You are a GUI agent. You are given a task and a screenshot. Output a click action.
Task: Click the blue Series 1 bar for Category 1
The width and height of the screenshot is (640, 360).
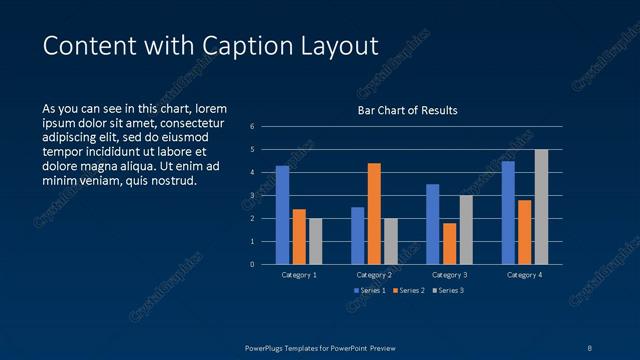282,215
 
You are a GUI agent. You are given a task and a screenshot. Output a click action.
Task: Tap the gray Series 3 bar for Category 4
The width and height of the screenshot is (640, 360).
541,207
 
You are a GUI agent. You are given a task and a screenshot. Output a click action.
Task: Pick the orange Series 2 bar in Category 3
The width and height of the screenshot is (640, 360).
449,243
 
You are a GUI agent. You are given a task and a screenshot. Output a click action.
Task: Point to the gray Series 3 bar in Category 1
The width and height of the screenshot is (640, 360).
315,241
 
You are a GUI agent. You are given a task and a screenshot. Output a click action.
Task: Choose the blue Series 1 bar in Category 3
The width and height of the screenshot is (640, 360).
432,224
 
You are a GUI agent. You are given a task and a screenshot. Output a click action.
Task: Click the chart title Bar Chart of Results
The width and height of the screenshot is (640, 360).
408,110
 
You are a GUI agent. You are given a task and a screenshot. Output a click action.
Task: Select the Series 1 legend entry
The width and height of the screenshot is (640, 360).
369,290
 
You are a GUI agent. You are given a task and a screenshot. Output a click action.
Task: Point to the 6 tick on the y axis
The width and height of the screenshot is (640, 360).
252,127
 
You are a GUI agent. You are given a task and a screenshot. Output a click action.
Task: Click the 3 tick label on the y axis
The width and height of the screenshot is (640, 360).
252,196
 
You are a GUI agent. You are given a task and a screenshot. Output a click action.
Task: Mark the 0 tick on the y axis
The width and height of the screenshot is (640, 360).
252,265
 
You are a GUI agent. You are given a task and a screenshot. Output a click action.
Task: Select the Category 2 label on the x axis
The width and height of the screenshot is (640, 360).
374,274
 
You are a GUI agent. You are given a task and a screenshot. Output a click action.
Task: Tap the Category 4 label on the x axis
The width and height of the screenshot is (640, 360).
524,274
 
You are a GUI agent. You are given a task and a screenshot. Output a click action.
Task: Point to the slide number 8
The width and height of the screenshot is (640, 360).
590,347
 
